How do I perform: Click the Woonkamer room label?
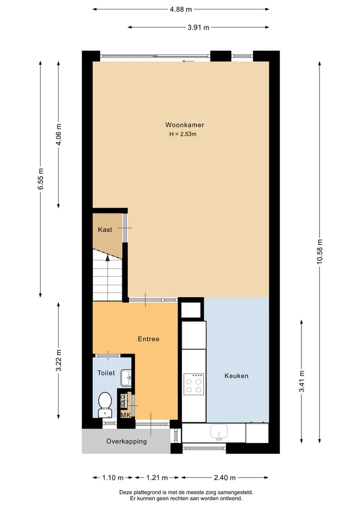pos(184,125)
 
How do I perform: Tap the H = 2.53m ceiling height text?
pos(182,134)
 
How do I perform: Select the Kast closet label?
pos(105,230)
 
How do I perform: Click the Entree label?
pos(148,339)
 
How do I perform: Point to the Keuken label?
pos(236,376)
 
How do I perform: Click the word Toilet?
pos(106,373)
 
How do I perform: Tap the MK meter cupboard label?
pos(126,415)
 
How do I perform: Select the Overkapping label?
pos(126,441)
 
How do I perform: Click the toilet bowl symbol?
pos(105,404)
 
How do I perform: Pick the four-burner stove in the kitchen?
pos(193,384)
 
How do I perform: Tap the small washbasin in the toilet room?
pos(126,378)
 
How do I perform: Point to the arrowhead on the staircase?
pos(107,258)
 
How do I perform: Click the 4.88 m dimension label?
pos(181,9)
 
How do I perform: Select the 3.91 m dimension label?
pos(198,27)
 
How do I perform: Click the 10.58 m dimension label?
pos(320,252)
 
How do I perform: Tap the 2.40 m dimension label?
pos(225,478)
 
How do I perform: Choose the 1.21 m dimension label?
pos(157,478)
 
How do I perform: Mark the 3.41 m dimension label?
pos(301,381)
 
